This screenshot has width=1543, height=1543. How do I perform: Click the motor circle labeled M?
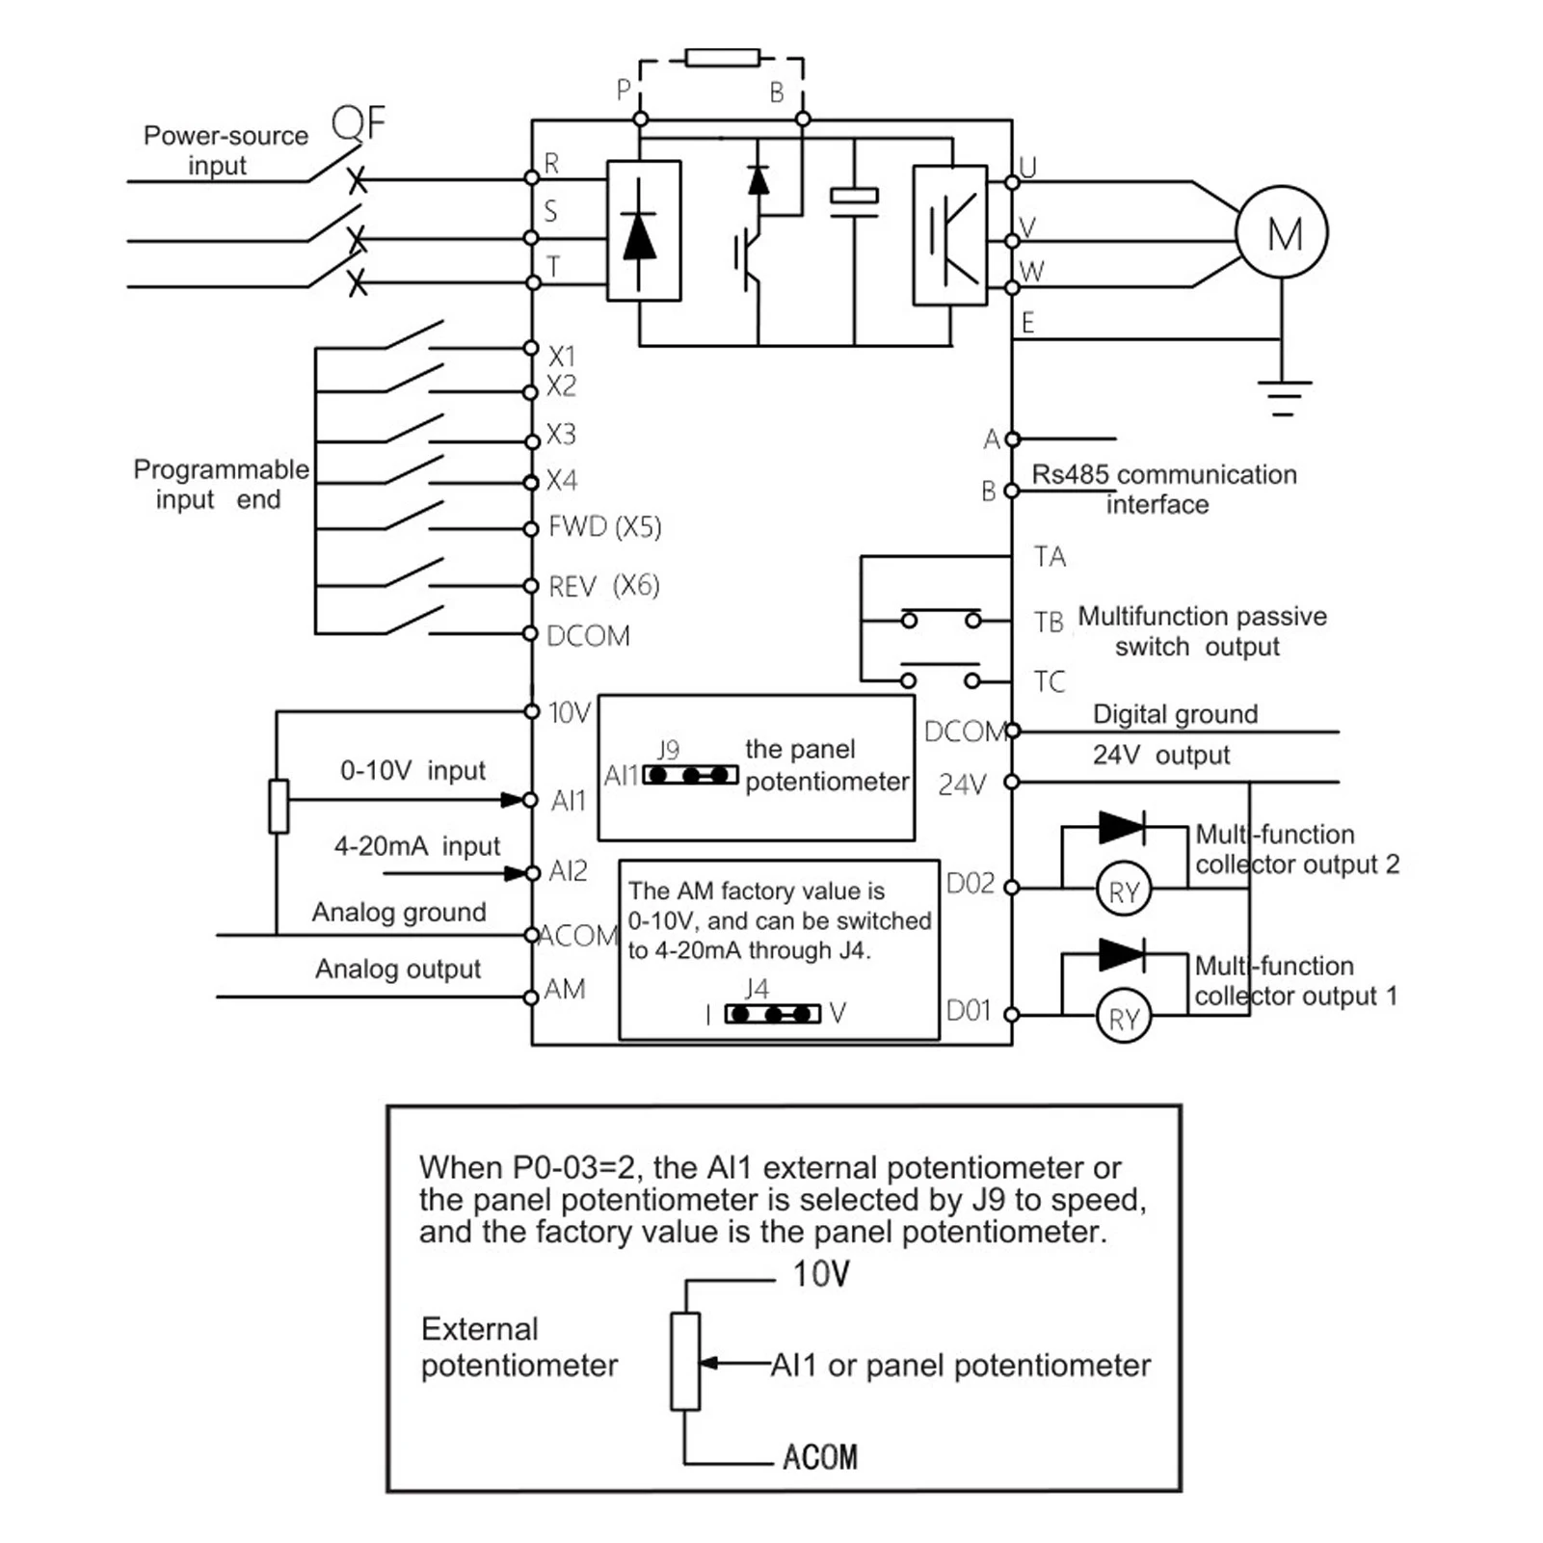tap(1282, 233)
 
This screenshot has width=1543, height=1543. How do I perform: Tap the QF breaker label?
tap(358, 123)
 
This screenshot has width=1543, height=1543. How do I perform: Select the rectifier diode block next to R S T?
tap(643, 231)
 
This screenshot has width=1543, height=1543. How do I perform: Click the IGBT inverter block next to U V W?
tap(949, 235)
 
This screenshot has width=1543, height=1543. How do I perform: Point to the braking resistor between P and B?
tap(722, 58)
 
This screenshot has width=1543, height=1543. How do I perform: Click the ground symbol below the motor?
tap(1283, 396)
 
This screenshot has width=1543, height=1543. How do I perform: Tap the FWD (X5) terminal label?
tap(604, 527)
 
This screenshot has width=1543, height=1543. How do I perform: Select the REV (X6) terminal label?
tap(603, 586)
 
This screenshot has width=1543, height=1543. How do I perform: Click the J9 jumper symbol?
tap(690, 775)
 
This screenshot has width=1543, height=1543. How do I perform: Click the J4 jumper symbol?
tap(772, 1014)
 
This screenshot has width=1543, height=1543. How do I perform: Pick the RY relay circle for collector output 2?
tap(1124, 891)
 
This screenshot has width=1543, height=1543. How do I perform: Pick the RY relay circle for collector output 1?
tap(1124, 1019)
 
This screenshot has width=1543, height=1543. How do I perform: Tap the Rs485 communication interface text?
tap(1163, 489)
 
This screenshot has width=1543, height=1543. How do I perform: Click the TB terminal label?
tap(1049, 623)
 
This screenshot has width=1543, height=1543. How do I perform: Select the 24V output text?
tap(1160, 755)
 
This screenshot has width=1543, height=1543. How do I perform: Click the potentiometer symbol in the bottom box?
tap(684, 1361)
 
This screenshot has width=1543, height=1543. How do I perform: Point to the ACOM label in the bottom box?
tap(819, 1456)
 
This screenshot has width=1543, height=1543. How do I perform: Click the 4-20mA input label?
tap(416, 846)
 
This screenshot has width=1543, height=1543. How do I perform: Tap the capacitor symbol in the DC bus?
tap(854, 203)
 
